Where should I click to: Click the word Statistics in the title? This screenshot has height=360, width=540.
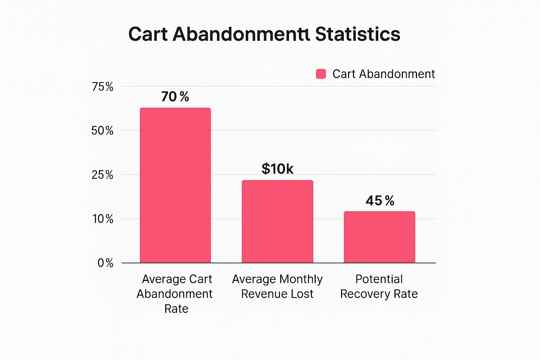coord(358,34)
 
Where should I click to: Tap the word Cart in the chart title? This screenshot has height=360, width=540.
coord(148,34)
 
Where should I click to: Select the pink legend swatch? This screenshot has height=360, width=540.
coord(321,74)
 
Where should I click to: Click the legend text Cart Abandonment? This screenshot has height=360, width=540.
coord(384,74)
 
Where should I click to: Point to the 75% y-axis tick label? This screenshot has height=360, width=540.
coord(102,86)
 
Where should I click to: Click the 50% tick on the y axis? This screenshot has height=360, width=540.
coord(102,131)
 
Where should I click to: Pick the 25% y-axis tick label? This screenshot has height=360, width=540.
coord(102,175)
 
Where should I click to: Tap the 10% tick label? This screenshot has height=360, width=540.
coord(103,219)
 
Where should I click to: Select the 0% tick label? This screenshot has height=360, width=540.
coord(105,263)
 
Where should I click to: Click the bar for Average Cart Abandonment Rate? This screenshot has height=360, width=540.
coord(175,185)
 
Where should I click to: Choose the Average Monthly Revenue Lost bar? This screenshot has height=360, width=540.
coord(277,221)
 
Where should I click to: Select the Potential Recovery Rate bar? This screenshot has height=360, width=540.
coord(379,237)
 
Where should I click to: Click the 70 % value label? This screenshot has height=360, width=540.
coord(175,96)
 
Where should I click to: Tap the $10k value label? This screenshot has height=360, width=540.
coord(277,168)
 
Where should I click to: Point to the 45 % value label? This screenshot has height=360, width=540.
coord(380,201)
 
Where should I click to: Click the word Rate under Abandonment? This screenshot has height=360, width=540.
coord(176,309)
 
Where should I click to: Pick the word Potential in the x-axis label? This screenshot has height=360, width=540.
coord(379,279)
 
